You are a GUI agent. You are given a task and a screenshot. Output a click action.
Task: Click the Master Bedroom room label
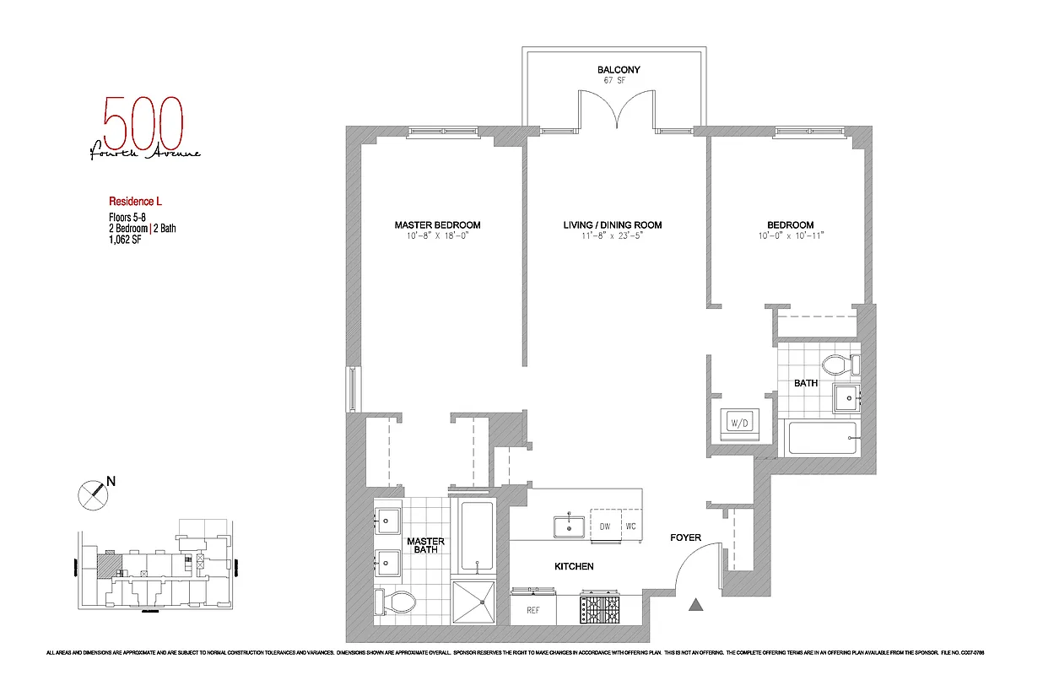coord(437,224)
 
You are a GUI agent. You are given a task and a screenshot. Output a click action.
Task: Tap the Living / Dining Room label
coord(612,224)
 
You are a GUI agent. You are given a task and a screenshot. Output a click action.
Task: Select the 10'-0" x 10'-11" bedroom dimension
coord(790,235)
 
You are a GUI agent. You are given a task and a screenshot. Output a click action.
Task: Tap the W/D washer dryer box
coord(738,422)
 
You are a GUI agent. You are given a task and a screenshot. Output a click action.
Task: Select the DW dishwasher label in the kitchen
coord(604,526)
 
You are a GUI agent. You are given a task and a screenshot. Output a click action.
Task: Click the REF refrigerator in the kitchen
coord(533,610)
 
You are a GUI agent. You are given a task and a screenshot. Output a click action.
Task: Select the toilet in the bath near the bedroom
coord(838,364)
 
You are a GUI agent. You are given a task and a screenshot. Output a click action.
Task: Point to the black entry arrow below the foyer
coord(696,603)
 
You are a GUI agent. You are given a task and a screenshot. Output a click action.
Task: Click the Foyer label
coord(685,537)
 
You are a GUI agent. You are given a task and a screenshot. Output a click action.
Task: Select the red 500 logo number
coord(143,123)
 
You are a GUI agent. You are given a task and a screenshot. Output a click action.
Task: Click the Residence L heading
coord(135,202)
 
